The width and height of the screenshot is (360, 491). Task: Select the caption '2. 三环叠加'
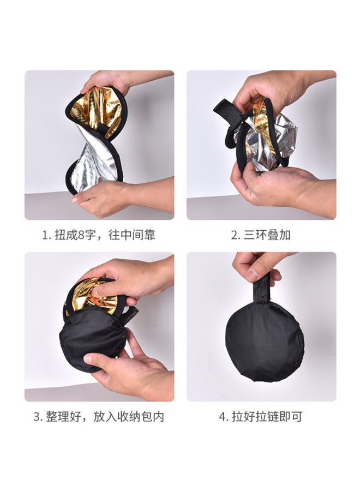coord(261,235)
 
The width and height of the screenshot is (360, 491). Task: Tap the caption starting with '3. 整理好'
coord(99,417)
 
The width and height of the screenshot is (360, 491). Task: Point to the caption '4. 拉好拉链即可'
coord(261,417)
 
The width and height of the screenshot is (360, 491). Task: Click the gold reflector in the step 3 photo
coord(95,295)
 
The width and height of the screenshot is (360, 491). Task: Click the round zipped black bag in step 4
coord(265,341)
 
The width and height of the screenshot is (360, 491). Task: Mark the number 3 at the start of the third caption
coord(37,417)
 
